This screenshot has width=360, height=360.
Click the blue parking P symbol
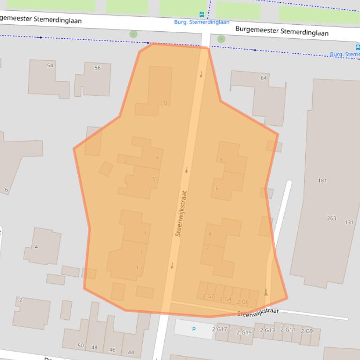[194, 330]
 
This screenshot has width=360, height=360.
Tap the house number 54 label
[50, 65]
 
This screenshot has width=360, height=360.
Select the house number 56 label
[97, 68]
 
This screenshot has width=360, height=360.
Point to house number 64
[264, 78]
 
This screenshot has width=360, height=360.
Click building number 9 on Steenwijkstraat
[165, 103]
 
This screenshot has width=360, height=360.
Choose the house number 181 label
[322, 180]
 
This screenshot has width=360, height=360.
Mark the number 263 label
[331, 218]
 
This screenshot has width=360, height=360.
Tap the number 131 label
[349, 223]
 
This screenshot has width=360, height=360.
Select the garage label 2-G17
[220, 329]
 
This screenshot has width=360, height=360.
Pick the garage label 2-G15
[244, 332]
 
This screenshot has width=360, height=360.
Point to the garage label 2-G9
[307, 331]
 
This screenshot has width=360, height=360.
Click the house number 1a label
[139, 267]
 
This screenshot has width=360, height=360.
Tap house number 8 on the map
[221, 160]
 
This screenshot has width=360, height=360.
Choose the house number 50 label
[81, 346]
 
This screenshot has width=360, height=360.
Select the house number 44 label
[131, 352]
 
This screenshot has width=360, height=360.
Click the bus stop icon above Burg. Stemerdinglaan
[202, 14]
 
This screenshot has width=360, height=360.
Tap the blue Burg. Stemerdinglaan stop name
[202, 22]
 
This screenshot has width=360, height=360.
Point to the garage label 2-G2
[208, 296]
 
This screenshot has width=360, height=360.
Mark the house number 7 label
[157, 159]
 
